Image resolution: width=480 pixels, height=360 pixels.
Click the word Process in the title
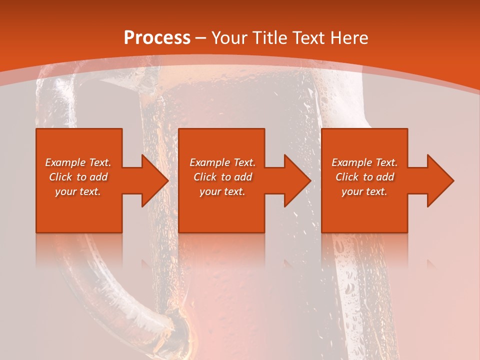157,38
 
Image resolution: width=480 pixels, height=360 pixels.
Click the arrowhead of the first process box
154,180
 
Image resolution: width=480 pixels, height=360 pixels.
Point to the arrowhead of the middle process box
296,180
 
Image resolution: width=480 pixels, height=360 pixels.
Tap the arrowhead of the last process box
439,180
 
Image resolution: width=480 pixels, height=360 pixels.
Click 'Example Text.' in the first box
78,162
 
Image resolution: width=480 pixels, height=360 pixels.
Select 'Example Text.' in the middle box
222,162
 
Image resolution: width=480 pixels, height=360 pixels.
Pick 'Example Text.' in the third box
364,162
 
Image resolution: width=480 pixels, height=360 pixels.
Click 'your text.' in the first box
78,191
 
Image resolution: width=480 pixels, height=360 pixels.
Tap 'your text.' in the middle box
222,191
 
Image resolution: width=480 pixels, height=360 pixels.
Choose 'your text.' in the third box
364,191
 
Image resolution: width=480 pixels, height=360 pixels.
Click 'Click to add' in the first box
78,177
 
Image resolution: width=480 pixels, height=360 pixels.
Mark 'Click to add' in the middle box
222,177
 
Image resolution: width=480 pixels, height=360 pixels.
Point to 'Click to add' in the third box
364,177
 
